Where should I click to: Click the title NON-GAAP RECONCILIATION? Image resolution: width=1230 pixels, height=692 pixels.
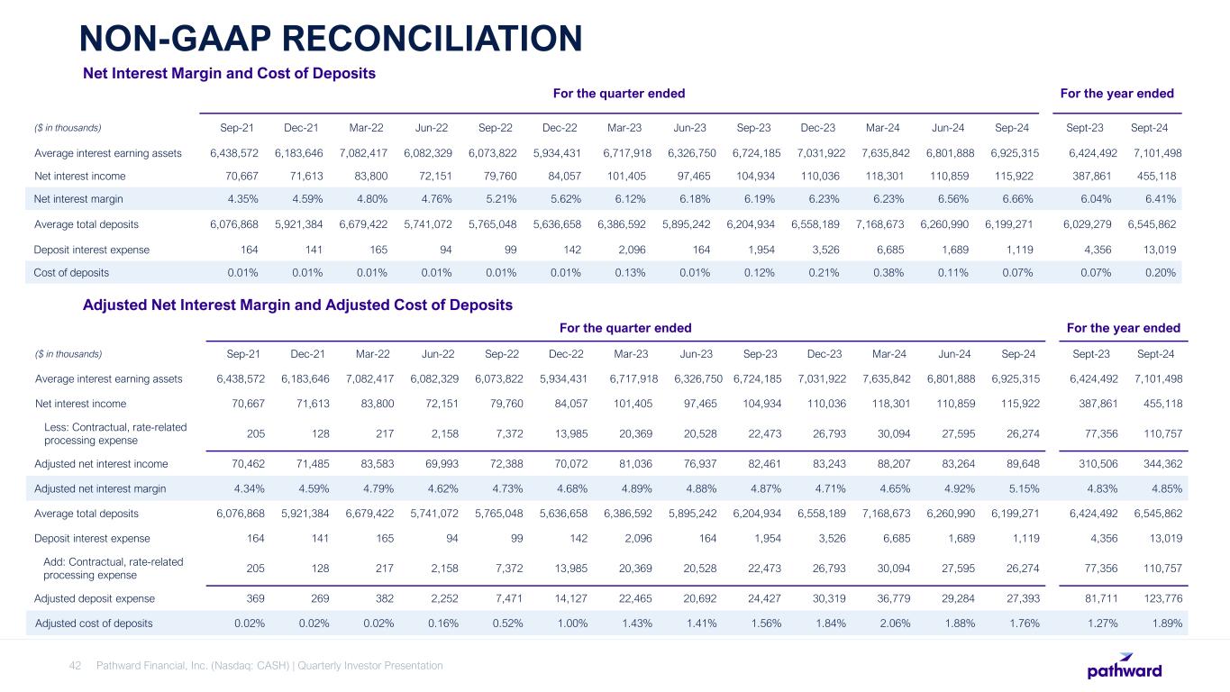[x=330, y=38]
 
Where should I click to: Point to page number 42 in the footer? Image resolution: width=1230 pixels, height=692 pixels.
[x=76, y=666]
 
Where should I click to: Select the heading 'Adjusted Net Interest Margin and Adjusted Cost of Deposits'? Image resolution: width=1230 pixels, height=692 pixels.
[x=297, y=305]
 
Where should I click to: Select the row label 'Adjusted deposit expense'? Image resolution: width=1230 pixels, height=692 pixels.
[x=95, y=598]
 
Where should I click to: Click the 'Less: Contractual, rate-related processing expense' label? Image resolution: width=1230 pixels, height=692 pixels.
[x=114, y=433]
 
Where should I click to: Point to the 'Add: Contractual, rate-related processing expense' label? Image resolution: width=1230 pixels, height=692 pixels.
[x=113, y=569]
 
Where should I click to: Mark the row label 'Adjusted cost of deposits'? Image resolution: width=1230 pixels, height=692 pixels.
[x=94, y=623]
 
